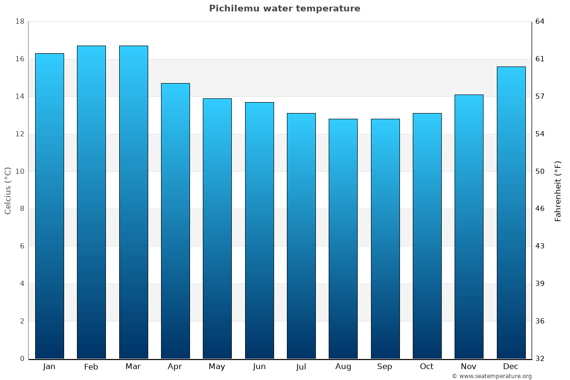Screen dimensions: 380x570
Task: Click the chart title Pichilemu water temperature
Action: tap(285, 9)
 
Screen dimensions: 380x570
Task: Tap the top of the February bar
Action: tap(91, 47)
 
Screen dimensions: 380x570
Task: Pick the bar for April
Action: tap(175, 221)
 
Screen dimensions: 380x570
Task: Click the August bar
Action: tap(343, 238)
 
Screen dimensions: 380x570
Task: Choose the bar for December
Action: tap(511, 212)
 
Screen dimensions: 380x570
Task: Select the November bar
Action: tap(469, 227)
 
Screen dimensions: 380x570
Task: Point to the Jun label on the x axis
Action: tap(259, 367)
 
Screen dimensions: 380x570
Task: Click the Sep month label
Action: tap(385, 367)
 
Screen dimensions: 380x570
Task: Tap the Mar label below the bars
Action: tap(133, 367)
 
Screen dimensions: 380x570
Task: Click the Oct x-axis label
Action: tap(427, 367)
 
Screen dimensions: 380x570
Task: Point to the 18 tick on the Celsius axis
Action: tap(19, 21)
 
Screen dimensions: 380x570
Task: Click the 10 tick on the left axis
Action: tap(19, 171)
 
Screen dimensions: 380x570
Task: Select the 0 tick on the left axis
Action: tap(22, 359)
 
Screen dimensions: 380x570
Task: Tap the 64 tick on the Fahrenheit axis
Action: tap(541, 21)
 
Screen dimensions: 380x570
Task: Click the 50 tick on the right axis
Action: tap(541, 171)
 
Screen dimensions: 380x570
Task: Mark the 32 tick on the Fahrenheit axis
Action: tap(541, 359)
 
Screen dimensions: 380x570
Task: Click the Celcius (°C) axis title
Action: tap(8, 190)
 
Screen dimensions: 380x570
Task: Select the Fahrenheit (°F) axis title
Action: tap(558, 190)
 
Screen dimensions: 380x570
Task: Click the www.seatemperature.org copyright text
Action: tap(492, 376)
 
